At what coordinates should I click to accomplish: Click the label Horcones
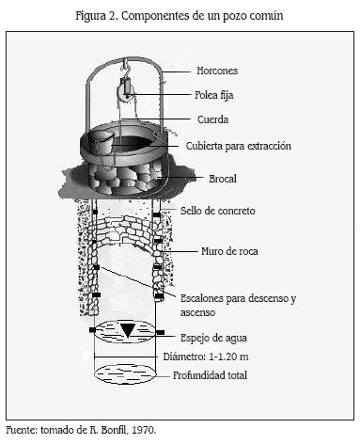[x=217, y=71]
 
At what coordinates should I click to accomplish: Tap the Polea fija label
[x=214, y=95]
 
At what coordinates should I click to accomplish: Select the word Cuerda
[x=212, y=119]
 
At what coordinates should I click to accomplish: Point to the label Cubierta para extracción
[x=239, y=146]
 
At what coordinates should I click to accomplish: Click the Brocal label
[x=223, y=179]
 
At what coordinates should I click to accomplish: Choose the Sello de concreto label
[x=218, y=211]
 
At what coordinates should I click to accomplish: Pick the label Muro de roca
[x=229, y=251]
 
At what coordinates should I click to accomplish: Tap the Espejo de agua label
[x=213, y=338]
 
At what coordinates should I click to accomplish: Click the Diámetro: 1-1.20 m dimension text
[x=206, y=357]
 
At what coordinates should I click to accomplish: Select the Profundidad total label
[x=210, y=375]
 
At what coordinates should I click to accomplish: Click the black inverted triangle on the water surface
[x=128, y=330]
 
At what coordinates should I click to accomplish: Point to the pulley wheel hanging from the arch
[x=124, y=93]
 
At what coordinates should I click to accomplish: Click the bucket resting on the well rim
[x=101, y=143]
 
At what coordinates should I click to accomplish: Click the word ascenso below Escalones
[x=197, y=312]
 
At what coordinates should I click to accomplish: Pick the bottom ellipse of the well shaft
[x=125, y=374]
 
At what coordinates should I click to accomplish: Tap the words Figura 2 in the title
[x=95, y=16]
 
